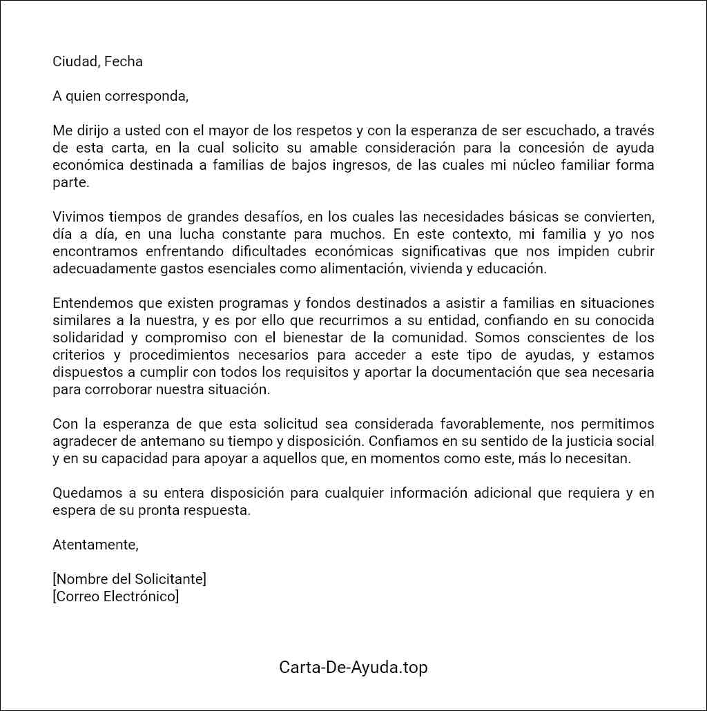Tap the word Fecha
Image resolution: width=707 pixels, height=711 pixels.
pos(124,61)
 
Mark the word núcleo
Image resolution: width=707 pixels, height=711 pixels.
pos(529,165)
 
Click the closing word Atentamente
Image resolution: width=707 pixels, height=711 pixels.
pos(95,545)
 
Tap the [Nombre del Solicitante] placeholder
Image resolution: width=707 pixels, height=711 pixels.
pos(129,579)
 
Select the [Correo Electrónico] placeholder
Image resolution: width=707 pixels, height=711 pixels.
pos(115,596)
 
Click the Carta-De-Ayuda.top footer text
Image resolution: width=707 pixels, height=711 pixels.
pos(353,668)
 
